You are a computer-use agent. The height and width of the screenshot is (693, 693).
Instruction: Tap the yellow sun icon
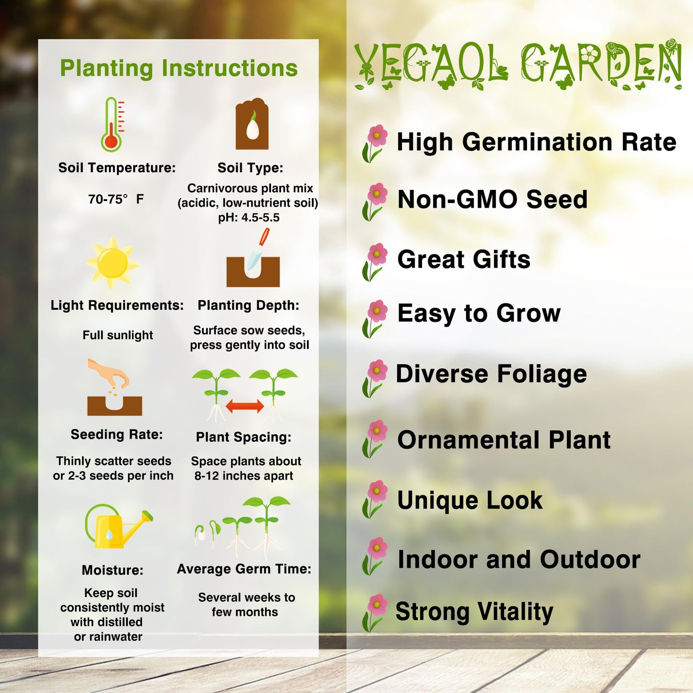[112, 263]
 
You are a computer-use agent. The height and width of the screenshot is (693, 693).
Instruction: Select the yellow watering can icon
[118, 527]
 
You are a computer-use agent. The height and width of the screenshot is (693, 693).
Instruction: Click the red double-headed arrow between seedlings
[245, 406]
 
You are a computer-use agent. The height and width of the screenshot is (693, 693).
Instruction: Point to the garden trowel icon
[258, 249]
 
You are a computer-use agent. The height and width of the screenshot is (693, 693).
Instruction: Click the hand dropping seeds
[110, 374]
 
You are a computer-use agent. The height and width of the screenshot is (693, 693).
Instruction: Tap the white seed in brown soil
[252, 128]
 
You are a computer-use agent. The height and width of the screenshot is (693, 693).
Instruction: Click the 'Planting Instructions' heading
[178, 68]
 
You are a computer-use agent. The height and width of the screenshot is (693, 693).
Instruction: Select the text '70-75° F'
[116, 199]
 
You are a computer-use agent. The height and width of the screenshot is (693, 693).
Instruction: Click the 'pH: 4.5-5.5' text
[248, 218]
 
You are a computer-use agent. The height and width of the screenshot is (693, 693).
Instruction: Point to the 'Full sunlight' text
[117, 335]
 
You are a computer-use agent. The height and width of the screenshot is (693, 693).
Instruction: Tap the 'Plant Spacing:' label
[244, 437]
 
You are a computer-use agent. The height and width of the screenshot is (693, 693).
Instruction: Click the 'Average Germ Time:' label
[244, 569]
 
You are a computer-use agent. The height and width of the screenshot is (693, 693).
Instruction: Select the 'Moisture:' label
[113, 570]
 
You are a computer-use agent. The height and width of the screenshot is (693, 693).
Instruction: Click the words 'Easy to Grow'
[479, 314]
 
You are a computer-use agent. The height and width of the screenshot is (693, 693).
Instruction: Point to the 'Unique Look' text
[470, 500]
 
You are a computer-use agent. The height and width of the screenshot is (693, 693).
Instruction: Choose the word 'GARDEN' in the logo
[601, 64]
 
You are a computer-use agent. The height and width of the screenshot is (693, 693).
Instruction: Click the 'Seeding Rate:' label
[117, 435]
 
